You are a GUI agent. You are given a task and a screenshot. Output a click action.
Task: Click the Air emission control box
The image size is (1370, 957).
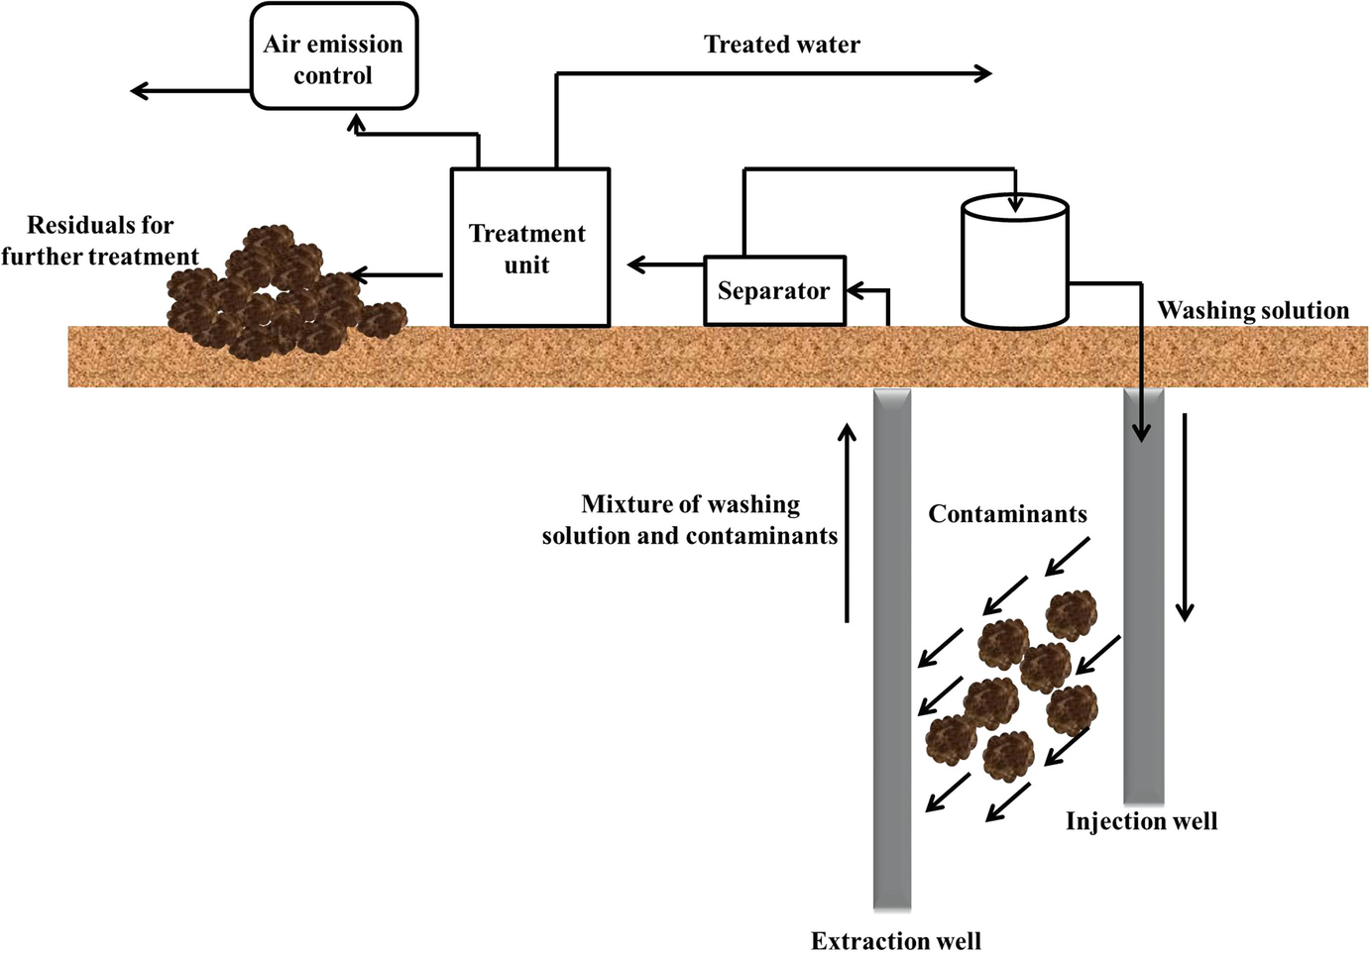pyautogui.click(x=333, y=57)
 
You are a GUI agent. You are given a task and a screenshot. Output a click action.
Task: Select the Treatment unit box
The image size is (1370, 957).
pyautogui.click(x=529, y=249)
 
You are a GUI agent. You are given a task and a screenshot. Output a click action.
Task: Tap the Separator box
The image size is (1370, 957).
pyautogui.click(x=774, y=291)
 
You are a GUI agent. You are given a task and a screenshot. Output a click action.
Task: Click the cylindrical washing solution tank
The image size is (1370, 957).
pyautogui.click(x=1015, y=264)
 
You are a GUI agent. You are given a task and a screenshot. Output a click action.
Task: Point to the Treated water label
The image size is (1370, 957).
pyautogui.click(x=781, y=45)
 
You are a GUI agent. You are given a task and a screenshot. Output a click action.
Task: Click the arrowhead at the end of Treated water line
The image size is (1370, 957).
pyautogui.click(x=982, y=73)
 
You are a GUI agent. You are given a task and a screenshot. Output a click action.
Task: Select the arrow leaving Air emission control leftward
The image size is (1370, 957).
pyautogui.click(x=188, y=91)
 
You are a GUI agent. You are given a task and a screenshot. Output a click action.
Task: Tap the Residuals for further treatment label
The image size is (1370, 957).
pyautogui.click(x=99, y=241)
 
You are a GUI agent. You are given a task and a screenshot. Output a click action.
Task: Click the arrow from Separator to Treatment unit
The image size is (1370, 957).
pyautogui.click(x=664, y=265)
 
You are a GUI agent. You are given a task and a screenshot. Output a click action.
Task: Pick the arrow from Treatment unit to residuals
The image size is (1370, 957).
pyautogui.click(x=397, y=275)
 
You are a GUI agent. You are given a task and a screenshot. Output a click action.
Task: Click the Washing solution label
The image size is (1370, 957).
pyautogui.click(x=1253, y=311)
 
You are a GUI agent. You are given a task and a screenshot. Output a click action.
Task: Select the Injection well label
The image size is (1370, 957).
pyautogui.click(x=1141, y=821)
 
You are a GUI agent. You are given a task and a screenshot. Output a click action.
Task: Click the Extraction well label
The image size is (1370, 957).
pyautogui.click(x=895, y=940)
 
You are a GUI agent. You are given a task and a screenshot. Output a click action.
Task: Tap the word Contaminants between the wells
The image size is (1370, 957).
pyautogui.click(x=1007, y=514)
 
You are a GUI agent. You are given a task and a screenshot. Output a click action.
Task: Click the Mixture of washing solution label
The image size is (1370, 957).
pyautogui.click(x=690, y=520)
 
